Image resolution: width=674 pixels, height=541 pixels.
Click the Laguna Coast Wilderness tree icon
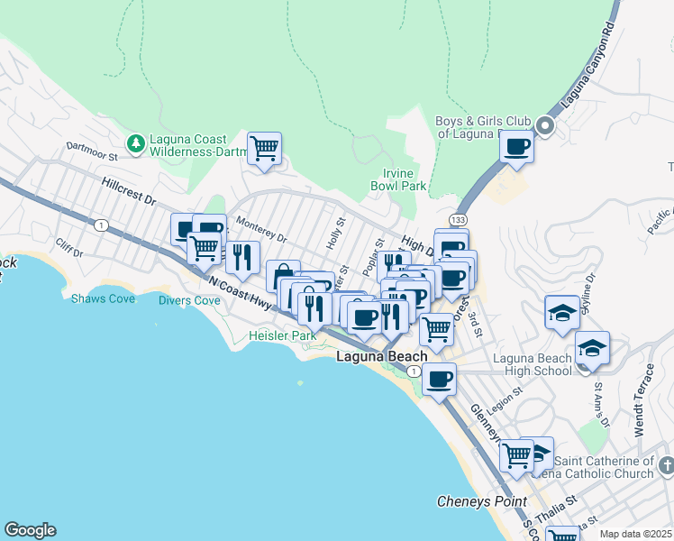coord(135,143)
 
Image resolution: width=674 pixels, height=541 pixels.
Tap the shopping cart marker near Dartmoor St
coord(264,148)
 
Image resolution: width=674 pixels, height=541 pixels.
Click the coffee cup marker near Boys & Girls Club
coord(517,145)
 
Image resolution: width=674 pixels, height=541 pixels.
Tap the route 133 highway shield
coord(459,219)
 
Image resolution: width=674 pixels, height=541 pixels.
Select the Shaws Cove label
coord(103,298)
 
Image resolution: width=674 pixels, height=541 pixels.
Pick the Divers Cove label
coord(190,300)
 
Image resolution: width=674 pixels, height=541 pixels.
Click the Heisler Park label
coord(282,335)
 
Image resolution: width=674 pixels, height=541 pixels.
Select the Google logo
coord(30,530)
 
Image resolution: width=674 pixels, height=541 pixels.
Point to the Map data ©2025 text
coord(636,534)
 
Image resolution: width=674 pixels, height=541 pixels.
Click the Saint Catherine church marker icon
coord(665,466)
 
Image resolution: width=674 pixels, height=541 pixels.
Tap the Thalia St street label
coord(559,499)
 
